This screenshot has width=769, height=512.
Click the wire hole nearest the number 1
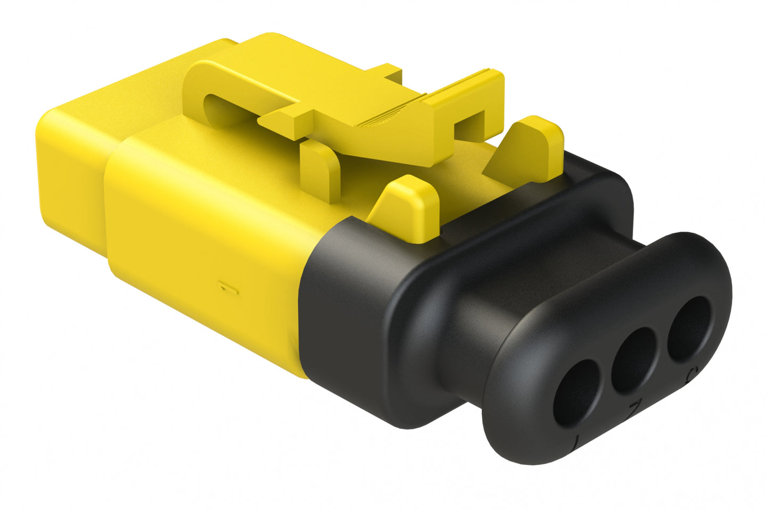click(577, 392)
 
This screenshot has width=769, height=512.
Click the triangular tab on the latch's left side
click(285, 117)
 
